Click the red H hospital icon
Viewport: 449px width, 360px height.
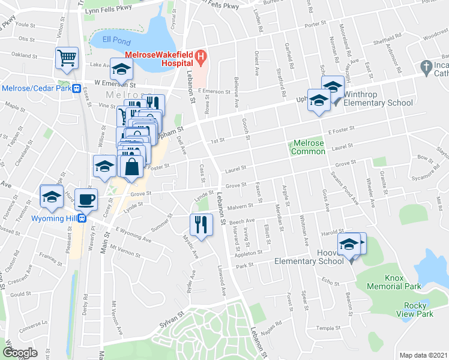click(201, 59)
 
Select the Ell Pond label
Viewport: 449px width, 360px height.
click(113, 40)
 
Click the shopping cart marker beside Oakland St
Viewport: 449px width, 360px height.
click(67, 58)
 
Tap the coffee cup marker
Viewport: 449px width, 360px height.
click(88, 200)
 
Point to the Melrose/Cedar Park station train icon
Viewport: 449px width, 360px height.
click(76, 88)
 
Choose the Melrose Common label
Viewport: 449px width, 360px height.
click(308, 148)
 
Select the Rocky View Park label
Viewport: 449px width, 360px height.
click(414, 310)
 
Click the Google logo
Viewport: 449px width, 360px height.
click(20, 353)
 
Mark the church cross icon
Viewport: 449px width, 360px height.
click(426, 66)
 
